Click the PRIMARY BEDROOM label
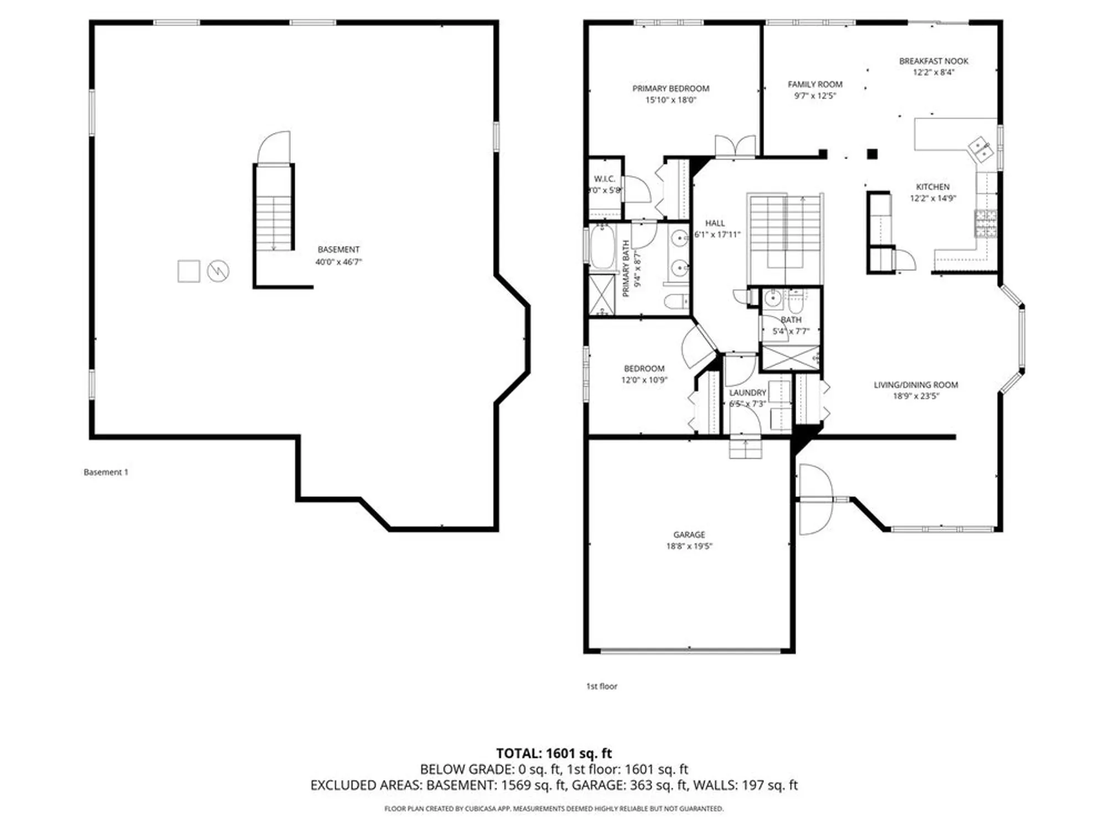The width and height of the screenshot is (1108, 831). pos(670,89)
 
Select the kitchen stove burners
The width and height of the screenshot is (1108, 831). pos(986,223)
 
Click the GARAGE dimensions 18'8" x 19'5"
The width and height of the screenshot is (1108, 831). pos(689,546)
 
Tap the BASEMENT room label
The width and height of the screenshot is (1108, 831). pos(338,250)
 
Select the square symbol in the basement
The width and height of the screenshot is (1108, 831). pos(188,271)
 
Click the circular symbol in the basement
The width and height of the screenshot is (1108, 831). pos(218,271)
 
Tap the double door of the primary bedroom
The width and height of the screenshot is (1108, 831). pos(735,147)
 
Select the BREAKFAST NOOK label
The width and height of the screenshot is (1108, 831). pos(933,61)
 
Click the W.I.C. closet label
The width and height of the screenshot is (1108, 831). pos(604,179)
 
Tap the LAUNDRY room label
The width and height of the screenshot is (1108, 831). pos(747,393)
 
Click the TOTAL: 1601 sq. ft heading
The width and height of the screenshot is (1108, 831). pos(553,753)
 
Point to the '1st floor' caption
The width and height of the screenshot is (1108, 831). pos(602,686)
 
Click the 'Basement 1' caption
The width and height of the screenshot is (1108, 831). pos(106,473)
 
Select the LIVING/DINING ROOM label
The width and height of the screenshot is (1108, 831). pos(915,385)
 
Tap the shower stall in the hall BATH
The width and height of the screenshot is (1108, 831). pos(791,358)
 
